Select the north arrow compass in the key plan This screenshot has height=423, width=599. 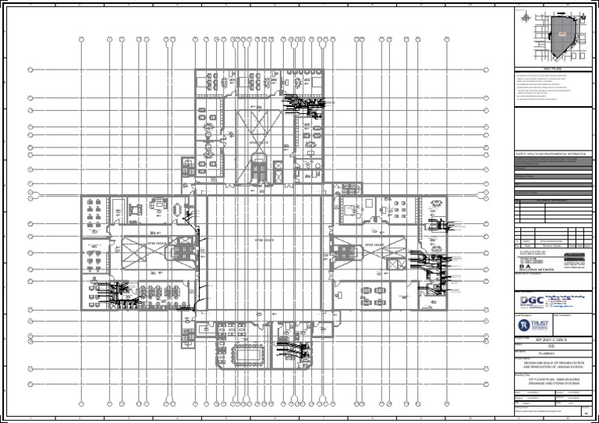(529, 17)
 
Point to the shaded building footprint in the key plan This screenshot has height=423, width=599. (559, 37)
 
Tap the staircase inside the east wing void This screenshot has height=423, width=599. (341, 251)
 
